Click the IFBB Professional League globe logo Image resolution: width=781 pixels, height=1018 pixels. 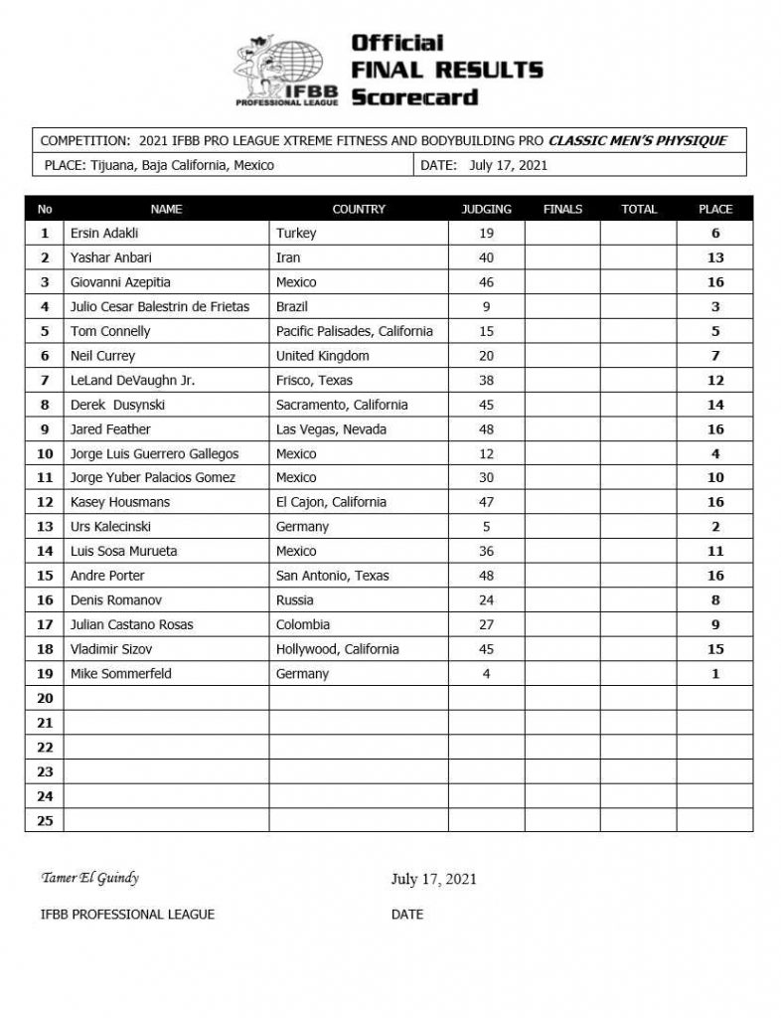click(286, 71)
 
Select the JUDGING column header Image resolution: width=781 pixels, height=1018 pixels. click(487, 209)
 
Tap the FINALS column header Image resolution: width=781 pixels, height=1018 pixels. click(562, 209)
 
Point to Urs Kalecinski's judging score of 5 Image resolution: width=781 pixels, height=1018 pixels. click(487, 527)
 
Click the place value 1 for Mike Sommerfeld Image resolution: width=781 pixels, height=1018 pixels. click(715, 673)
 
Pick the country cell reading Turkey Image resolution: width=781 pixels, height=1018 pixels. click(296, 234)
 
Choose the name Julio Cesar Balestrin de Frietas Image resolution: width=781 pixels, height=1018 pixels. click(160, 307)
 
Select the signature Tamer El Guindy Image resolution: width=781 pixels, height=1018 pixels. click(88, 877)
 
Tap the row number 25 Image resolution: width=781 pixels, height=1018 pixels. click(44, 820)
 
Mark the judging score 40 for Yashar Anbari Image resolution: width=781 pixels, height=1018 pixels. click(487, 257)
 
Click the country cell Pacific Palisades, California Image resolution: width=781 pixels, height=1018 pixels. click(355, 331)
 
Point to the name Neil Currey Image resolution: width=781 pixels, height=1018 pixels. click(103, 356)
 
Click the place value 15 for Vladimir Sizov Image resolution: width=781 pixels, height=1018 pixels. click(715, 649)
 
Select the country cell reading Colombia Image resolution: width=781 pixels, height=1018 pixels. click(303, 624)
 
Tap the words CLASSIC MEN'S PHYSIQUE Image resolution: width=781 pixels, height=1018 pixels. click(637, 140)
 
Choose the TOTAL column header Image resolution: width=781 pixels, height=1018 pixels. click(639, 209)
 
